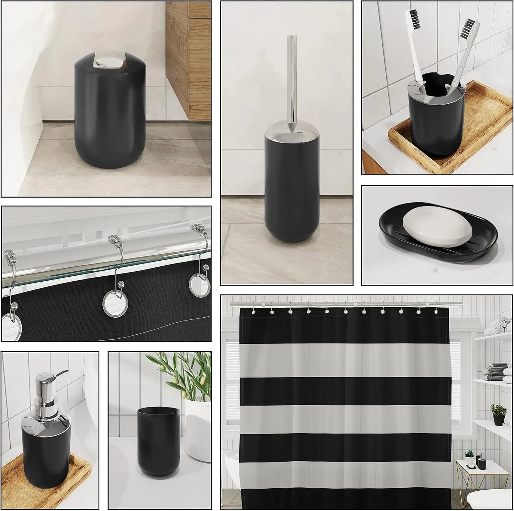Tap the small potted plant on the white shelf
click(x=498, y=414)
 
